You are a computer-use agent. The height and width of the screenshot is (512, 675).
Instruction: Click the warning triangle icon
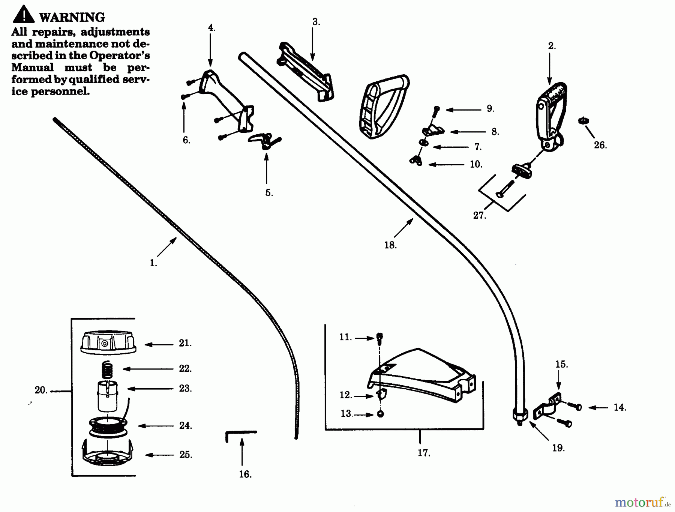pos(23,14)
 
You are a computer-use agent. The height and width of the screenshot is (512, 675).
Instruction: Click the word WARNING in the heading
pos(72,17)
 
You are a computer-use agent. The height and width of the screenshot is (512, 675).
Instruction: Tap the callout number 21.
pos(185,343)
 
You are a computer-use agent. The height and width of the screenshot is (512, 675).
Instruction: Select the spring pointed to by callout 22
pos(108,370)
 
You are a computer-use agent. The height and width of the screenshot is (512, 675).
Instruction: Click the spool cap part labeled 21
pos(108,342)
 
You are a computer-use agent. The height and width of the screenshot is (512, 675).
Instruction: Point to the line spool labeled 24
pos(108,426)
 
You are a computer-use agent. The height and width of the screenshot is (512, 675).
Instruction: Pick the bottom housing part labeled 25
pos(108,454)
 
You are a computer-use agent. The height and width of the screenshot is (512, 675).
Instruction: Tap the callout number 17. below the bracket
pos(424,453)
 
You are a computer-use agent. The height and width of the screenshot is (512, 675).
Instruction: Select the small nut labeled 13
pos(380,414)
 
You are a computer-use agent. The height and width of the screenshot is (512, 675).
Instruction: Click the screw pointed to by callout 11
pos(379,337)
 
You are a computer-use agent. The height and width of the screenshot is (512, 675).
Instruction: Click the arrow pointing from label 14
pos(598,407)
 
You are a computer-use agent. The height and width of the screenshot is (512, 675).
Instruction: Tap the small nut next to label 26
pos(583,121)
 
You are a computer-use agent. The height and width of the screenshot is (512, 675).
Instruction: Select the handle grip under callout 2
pos(550,113)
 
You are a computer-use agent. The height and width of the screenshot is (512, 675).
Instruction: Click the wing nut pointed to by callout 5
pos(264,141)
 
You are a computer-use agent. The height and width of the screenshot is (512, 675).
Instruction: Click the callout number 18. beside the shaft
pos(390,245)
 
